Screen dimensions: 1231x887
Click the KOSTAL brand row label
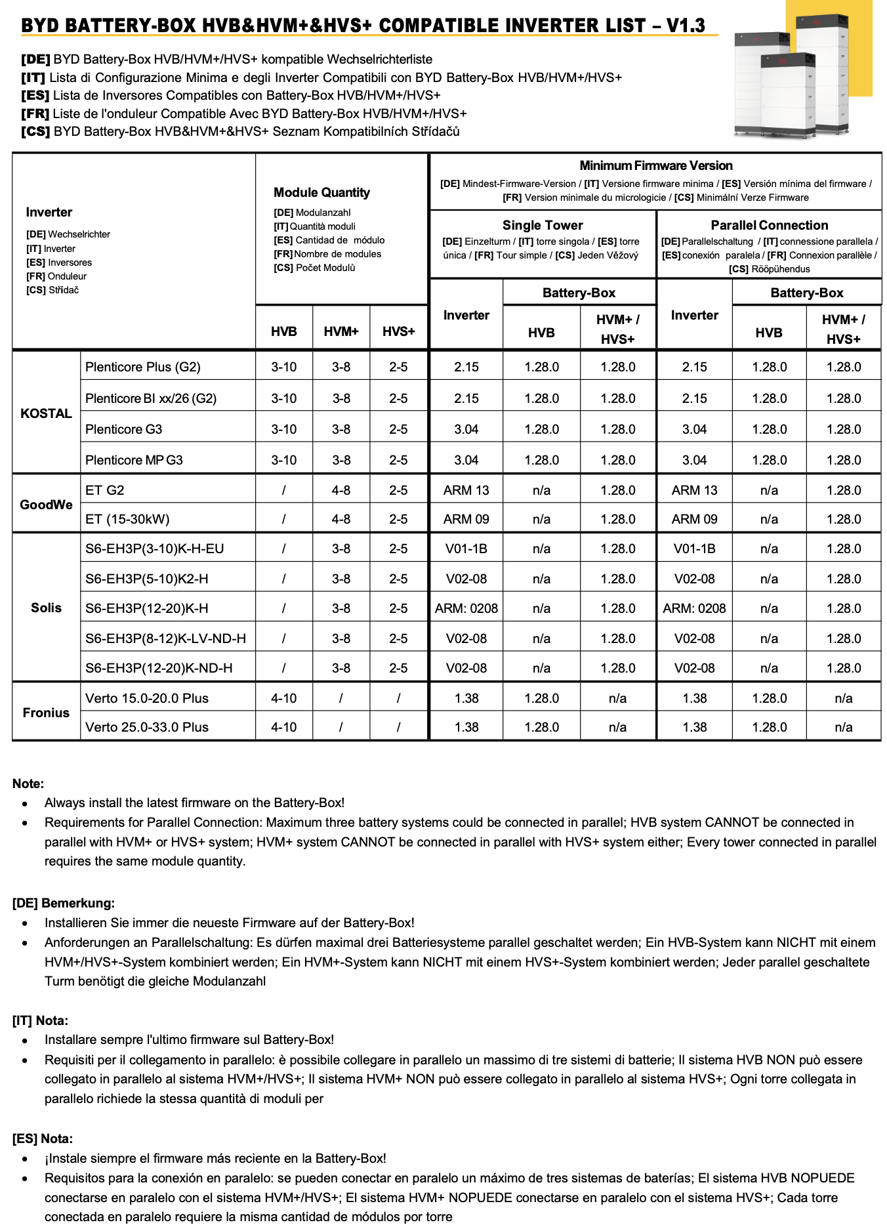pos(46,413)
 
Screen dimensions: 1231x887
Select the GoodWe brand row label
pos(46,505)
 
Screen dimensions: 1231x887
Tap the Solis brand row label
pos(46,608)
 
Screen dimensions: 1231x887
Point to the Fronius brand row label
pos(46,713)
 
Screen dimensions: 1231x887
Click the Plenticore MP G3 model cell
pos(134,460)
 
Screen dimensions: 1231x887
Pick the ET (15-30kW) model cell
pos(127,519)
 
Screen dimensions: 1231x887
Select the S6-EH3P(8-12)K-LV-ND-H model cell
pos(165,638)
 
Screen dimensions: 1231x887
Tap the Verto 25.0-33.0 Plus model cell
pos(147,727)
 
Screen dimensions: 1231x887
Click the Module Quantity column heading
pos(321,192)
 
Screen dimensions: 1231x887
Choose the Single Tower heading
pos(543,225)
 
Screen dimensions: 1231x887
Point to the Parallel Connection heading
pos(769,225)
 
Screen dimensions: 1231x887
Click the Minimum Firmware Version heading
pos(655,165)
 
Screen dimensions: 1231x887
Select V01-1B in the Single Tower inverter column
pos(466,549)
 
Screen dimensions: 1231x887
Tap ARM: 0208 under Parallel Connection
pos(694,608)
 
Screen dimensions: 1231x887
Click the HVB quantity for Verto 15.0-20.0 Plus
pos(283,698)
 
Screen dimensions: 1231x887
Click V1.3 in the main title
pos(686,26)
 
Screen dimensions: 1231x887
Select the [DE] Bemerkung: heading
pos(63,903)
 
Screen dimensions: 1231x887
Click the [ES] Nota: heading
pos(43,1138)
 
